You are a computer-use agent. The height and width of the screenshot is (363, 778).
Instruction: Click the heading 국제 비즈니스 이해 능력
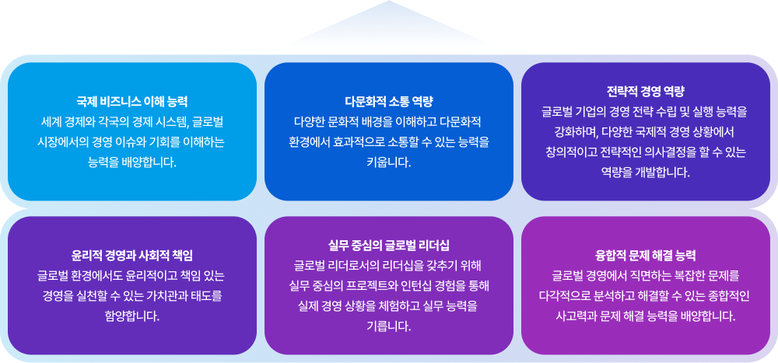131,102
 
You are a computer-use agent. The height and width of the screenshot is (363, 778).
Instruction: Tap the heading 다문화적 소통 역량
389,102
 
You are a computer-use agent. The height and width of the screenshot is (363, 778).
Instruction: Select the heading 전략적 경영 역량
645,89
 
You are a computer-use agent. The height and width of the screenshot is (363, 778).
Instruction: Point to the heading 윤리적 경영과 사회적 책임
131,255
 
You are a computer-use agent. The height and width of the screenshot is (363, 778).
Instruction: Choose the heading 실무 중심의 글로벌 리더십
389,245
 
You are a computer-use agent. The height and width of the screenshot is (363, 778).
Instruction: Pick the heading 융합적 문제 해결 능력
645,255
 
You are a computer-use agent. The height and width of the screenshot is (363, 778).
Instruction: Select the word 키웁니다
388,162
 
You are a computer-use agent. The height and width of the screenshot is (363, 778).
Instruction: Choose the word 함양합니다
131,316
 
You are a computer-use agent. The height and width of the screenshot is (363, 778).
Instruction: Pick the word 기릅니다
388,326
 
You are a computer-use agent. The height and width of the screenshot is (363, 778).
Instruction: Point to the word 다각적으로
570,295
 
